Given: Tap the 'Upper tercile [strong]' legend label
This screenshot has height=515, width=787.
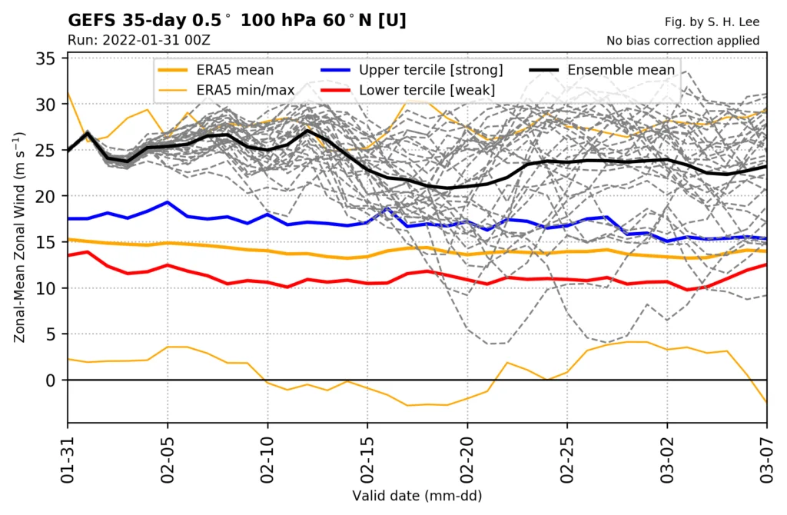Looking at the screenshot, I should [430, 71].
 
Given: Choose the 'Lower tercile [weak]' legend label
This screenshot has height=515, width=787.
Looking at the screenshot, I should [427, 91].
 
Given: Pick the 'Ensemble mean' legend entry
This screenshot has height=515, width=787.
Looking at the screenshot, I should [621, 71].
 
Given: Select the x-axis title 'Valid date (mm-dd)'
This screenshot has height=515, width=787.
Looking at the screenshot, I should [417, 496].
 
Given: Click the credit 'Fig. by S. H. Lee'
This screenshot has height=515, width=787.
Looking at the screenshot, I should [712, 22].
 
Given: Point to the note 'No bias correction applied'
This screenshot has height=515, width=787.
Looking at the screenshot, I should [682, 41].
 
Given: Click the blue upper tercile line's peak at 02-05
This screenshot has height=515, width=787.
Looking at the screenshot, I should [168, 202].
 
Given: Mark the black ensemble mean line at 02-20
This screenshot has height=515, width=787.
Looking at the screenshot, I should [467, 187].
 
